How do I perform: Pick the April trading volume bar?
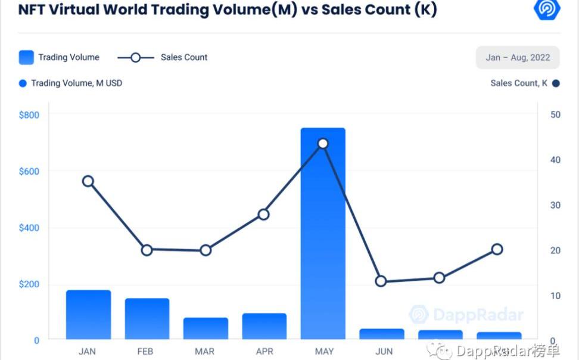coord(264,327)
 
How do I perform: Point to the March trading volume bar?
coord(206,328)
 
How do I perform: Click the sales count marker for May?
coord(323,143)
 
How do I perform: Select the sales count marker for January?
coord(88,181)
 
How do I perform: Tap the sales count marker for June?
coord(381,281)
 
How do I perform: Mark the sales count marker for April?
coord(264,215)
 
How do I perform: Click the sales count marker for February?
coord(147,250)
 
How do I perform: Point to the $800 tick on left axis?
coord(29,114)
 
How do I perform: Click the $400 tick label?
coord(29,228)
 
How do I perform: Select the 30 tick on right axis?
coord(555,205)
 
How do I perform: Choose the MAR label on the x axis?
coord(205,351)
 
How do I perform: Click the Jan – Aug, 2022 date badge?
coord(517,58)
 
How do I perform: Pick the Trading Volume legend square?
coord(26,57)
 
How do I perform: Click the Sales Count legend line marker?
coord(135,57)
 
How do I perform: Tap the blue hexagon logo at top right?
coord(546,10)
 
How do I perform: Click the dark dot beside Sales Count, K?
coord(556,83)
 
